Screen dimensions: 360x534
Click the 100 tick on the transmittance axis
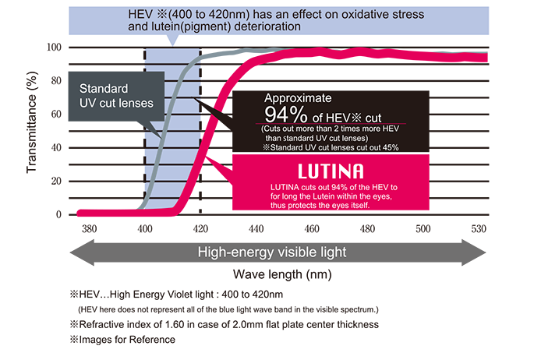pos(54,48)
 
